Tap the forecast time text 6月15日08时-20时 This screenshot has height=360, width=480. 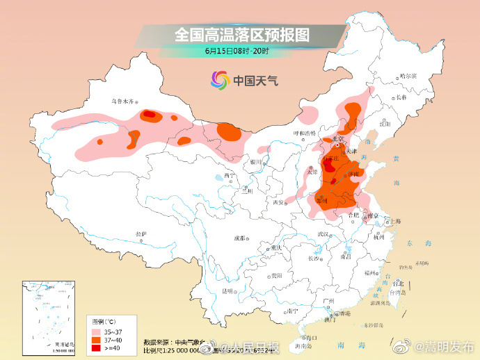pyautogui.click(x=237, y=51)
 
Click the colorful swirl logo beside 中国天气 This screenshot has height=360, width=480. pyautogui.click(x=219, y=81)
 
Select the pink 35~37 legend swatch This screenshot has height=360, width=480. pyautogui.click(x=97, y=332)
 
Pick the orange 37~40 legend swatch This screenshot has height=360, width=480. pyautogui.click(x=97, y=339)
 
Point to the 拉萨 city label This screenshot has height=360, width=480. pyautogui.click(x=141, y=234)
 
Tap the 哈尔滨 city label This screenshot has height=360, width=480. pyautogui.click(x=408, y=76)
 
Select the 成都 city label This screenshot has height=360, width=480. pyautogui.click(x=239, y=238)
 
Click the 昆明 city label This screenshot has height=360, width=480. pyautogui.click(x=226, y=290)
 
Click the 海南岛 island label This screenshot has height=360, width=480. pyautogui.click(x=303, y=345)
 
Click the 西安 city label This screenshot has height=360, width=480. pyautogui.click(x=279, y=202)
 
